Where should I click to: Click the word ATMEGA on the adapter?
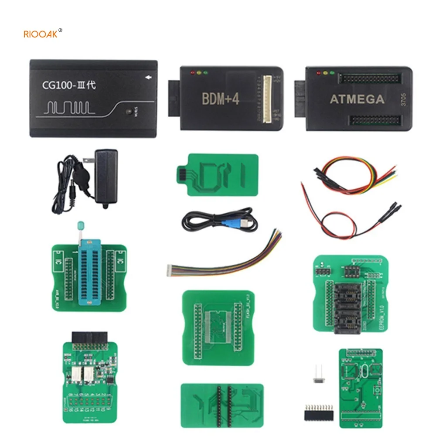(x=357, y=99)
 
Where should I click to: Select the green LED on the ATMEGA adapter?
(x=332, y=73)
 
